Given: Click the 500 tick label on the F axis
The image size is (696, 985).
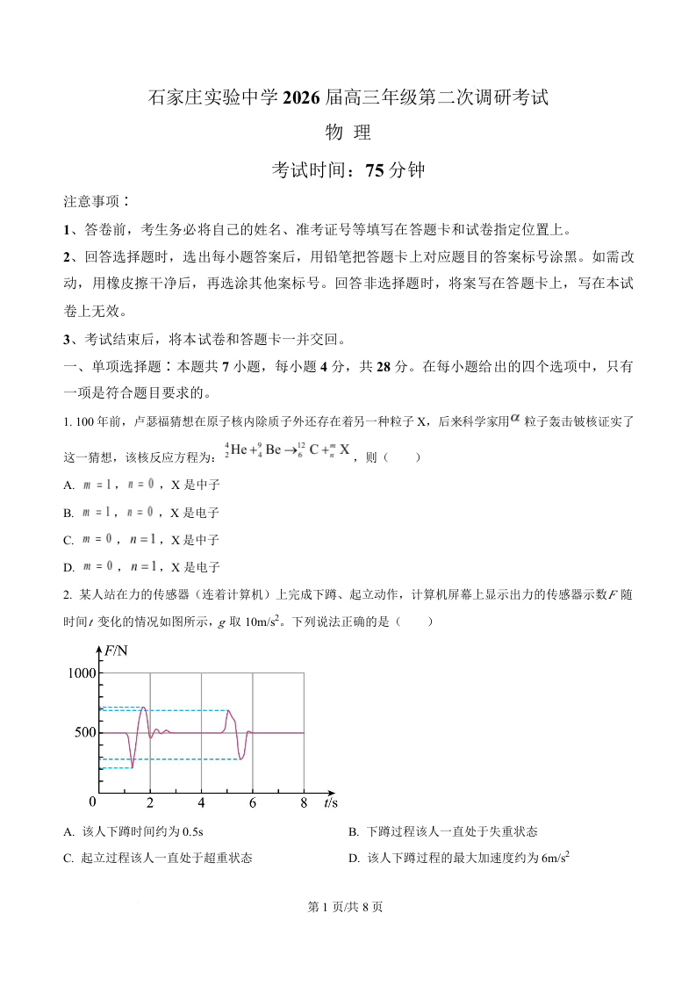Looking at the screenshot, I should pos(82,732).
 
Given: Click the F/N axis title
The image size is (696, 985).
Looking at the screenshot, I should pos(116,651).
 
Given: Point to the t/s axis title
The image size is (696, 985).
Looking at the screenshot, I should pos(331,802).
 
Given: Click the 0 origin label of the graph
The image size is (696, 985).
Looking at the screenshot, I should pos(92,802).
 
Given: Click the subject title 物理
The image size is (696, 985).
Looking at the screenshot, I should pos(348,133).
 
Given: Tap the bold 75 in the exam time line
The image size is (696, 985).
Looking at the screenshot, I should pos(375,170).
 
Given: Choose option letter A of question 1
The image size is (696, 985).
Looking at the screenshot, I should pos(68,485).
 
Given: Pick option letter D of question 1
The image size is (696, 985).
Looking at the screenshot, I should pos(68,567).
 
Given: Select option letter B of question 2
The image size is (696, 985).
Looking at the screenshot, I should pos(353,831).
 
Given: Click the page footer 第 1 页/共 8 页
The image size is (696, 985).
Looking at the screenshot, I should pos(348,907).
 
